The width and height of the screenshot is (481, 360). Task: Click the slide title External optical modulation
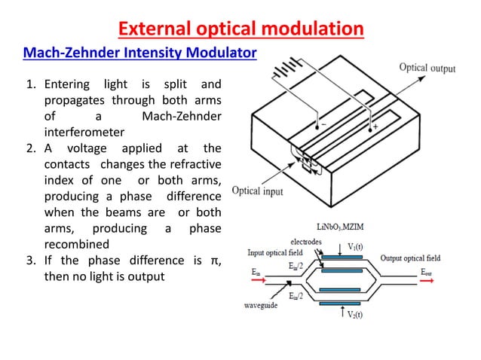pos(240,29)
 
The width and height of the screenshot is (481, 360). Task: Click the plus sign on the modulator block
pos(374,127)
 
